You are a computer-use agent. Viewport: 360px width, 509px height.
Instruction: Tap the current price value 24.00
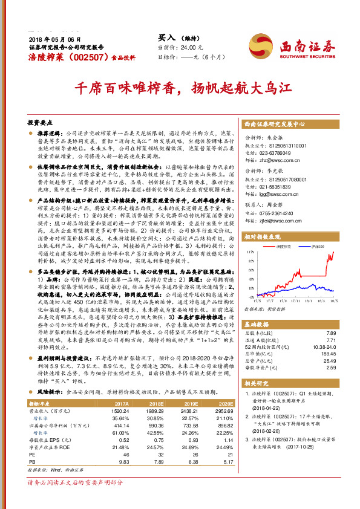click(186, 47)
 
